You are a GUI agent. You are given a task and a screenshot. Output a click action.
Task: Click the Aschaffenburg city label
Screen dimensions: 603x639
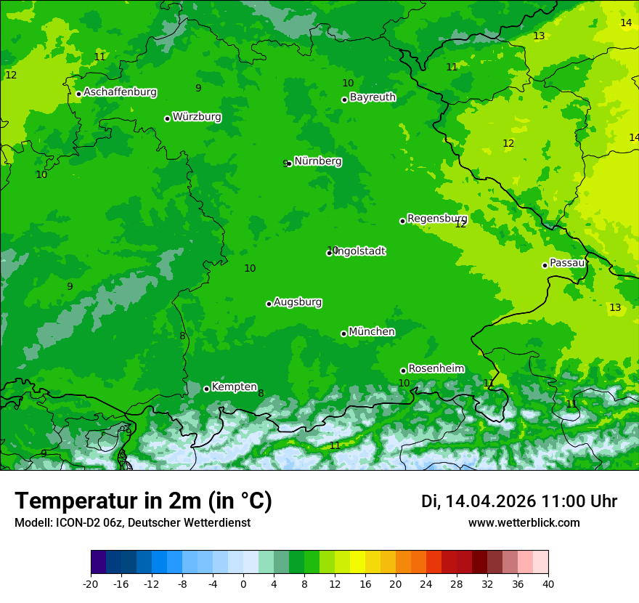(120, 92)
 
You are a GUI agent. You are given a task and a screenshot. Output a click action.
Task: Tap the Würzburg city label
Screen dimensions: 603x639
(197, 117)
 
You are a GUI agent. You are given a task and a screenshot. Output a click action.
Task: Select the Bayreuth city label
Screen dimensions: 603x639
(373, 97)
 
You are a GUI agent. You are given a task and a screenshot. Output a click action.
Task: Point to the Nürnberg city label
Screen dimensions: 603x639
(317, 161)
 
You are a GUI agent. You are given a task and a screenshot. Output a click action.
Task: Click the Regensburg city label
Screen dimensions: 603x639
(437, 219)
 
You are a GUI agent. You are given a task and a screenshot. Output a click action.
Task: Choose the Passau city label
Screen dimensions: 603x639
(567, 263)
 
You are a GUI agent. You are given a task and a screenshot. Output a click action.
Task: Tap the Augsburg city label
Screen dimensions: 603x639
(298, 302)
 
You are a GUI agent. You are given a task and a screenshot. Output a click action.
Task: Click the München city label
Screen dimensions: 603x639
(372, 332)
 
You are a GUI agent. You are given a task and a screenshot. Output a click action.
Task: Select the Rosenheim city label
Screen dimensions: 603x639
(436, 369)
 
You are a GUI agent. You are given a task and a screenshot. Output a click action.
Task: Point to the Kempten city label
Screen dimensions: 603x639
(234, 387)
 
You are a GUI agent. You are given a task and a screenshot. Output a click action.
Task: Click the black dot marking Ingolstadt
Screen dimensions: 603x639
(329, 253)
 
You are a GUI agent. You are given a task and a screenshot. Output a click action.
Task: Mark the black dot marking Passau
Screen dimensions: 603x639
(545, 265)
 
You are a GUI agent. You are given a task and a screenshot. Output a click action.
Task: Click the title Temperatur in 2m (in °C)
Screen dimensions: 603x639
(143, 501)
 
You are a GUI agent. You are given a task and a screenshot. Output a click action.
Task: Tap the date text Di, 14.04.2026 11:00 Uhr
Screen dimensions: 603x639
(519, 501)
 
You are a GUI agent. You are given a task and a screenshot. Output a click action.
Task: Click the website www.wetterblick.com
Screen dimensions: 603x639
(524, 523)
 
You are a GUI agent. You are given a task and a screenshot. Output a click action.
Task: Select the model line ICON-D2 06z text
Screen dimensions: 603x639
(132, 523)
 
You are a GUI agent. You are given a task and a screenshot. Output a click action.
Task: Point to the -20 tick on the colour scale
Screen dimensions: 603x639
(91, 583)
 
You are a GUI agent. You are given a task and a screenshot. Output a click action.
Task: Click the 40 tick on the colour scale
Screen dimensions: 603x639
(548, 583)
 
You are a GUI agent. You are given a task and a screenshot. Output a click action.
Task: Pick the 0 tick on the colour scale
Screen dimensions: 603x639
(243, 583)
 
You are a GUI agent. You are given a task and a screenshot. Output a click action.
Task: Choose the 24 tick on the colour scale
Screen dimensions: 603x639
(426, 583)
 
